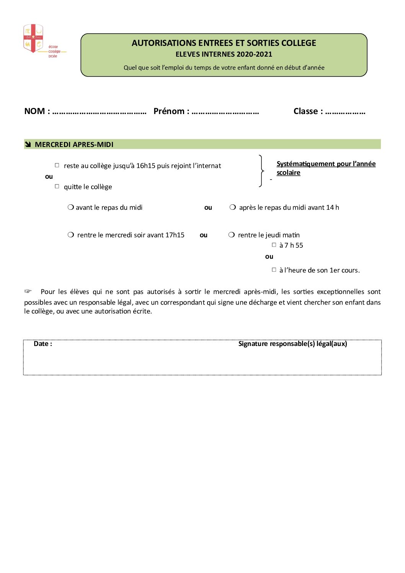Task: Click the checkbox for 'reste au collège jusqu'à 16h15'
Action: pos(57,165)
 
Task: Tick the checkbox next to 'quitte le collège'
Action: pos(57,186)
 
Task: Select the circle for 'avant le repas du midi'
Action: pos(71,207)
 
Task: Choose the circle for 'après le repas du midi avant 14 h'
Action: pos(233,207)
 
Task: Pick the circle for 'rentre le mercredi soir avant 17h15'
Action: pos(71,235)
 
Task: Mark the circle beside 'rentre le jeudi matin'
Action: pos(232,235)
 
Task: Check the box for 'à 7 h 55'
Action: pos(274,245)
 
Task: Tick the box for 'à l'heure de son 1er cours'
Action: pos(274,270)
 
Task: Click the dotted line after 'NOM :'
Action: pos(99,112)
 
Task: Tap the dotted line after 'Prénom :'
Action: pos(225,112)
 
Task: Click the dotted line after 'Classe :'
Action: pos(345,112)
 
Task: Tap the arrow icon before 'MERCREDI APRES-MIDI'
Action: pos(28,144)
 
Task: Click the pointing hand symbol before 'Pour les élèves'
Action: pos(28,291)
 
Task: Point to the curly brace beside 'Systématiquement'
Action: pos(261,171)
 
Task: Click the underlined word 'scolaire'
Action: pos(288,173)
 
